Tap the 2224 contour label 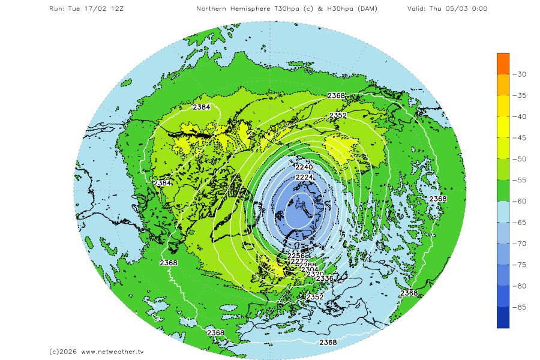pos(305,178)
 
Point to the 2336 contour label pos(324,278)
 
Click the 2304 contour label pos(310,269)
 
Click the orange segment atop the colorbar pos(503,63)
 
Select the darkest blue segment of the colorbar pos(503,317)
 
